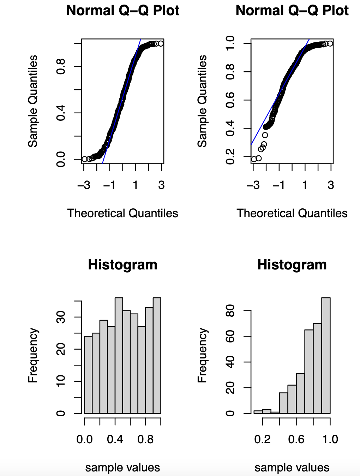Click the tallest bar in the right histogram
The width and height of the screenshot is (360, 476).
(326, 355)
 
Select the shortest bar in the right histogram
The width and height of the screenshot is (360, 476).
(275, 412)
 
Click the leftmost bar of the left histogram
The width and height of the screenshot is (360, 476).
(88, 375)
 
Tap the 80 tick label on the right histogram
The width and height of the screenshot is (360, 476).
(230, 311)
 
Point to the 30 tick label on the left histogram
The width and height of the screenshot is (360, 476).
(61, 317)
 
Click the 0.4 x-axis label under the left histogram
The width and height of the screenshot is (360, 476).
(115, 439)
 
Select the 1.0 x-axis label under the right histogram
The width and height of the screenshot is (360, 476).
(330, 439)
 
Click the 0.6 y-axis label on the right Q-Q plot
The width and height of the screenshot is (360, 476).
(230, 100)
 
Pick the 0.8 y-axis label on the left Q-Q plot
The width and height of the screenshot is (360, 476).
(61, 66)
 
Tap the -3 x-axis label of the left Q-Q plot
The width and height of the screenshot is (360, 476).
(84, 185)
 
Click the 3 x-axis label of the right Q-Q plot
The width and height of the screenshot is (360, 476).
(331, 185)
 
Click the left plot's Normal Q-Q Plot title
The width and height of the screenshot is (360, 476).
(122, 11)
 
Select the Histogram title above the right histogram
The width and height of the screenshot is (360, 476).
(292, 265)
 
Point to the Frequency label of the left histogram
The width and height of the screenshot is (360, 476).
(33, 355)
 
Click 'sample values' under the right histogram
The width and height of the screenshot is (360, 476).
(292, 468)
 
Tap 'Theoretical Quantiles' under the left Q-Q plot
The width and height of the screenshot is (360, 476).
(122, 213)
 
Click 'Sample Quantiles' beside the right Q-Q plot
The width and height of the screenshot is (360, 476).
(202, 101)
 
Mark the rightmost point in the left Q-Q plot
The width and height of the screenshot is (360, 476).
(161, 43)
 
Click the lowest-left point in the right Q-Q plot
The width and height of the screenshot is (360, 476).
(254, 159)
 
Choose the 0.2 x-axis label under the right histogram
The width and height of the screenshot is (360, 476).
(262, 439)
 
